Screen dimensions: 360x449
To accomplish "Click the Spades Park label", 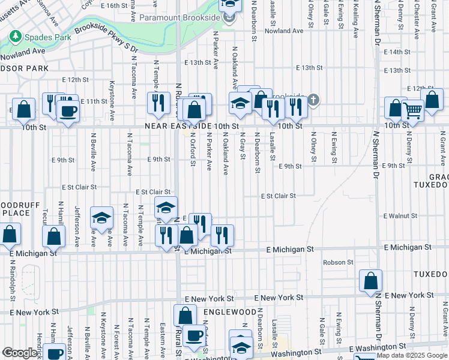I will tap(41, 37).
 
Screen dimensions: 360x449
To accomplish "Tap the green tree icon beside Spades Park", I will tap(14, 37).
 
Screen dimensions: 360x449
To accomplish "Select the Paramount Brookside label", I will tap(179, 17).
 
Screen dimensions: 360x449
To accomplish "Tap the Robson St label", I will tap(338, 262).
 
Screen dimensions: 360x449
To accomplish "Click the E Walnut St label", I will tap(400, 215).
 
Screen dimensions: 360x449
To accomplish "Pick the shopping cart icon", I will tap(412, 109).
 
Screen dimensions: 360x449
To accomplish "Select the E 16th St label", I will tap(119, 5).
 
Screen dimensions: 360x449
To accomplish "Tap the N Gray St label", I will tap(243, 145).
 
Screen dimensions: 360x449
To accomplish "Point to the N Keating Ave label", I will tap(355, 18).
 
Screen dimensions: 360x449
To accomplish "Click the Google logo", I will tap(19, 353).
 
